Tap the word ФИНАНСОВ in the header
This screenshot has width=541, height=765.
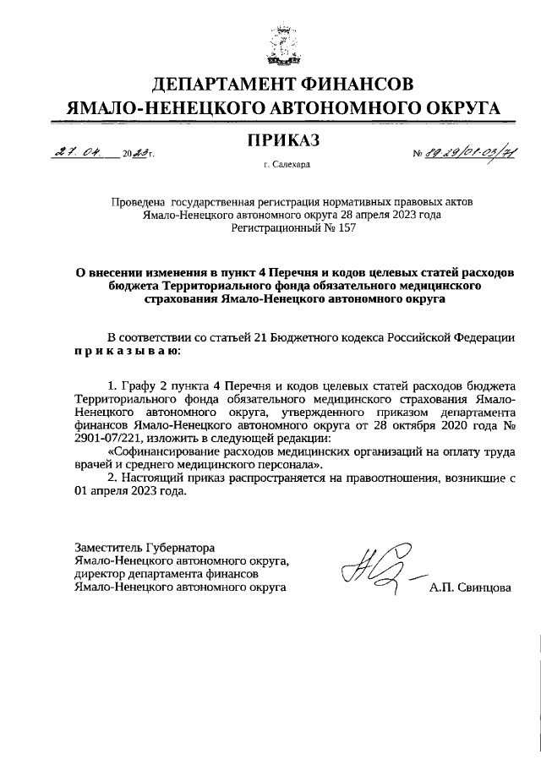click(x=360, y=85)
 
